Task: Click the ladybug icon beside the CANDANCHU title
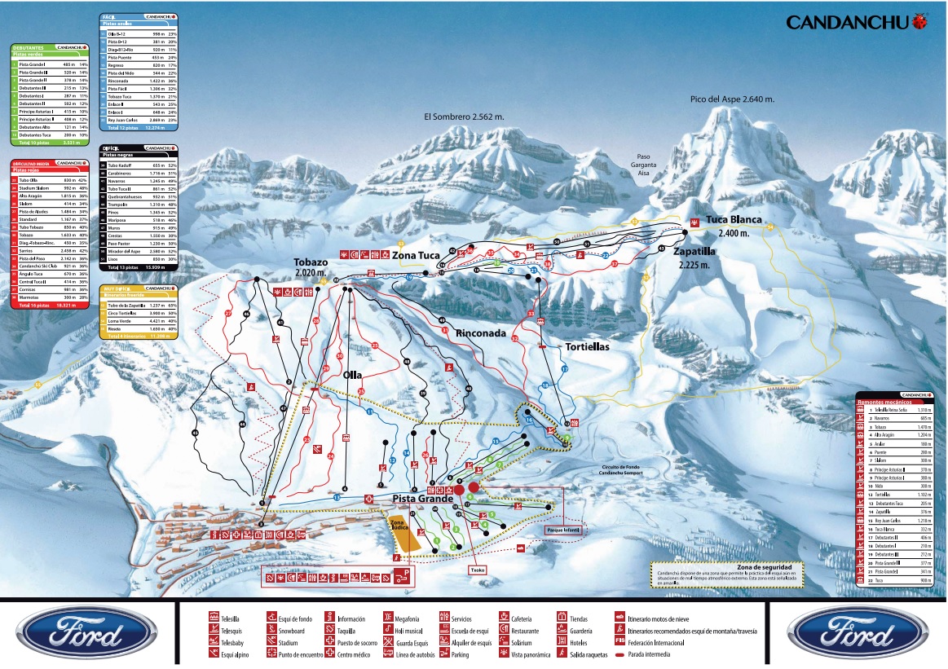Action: point(921,21)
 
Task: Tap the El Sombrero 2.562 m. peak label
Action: point(464,117)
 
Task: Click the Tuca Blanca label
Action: point(734,220)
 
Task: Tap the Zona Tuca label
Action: point(417,256)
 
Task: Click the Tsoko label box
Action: point(478,570)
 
